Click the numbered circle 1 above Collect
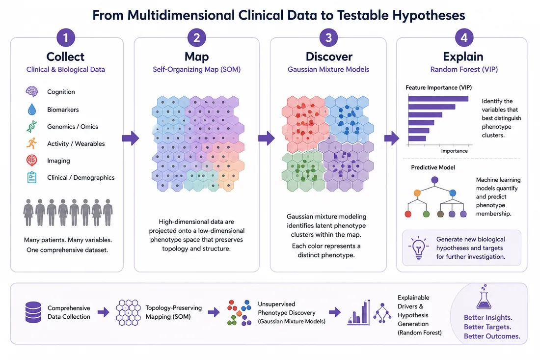66,37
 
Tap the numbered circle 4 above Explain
464,37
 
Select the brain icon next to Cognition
32,92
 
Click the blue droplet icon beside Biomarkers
32,109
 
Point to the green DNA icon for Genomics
32,126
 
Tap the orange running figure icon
32,143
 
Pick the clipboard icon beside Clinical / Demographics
32,177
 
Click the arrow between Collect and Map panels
131,138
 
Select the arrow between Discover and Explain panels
392,138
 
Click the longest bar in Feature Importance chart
438,99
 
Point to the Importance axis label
454,151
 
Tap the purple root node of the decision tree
434,180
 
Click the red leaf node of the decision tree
408,214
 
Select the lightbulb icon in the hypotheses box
418,248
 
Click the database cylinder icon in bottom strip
33,312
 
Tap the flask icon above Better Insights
484,297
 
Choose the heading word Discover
329,56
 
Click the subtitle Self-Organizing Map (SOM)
197,69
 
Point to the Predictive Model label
433,167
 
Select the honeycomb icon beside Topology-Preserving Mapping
128,312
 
